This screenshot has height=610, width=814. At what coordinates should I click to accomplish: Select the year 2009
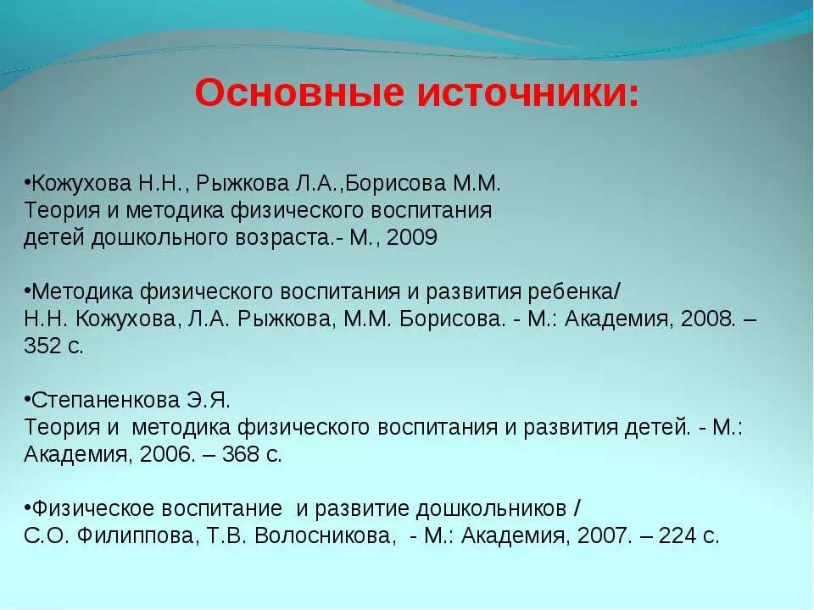click(x=412, y=237)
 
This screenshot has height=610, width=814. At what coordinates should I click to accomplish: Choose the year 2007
click(x=604, y=535)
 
